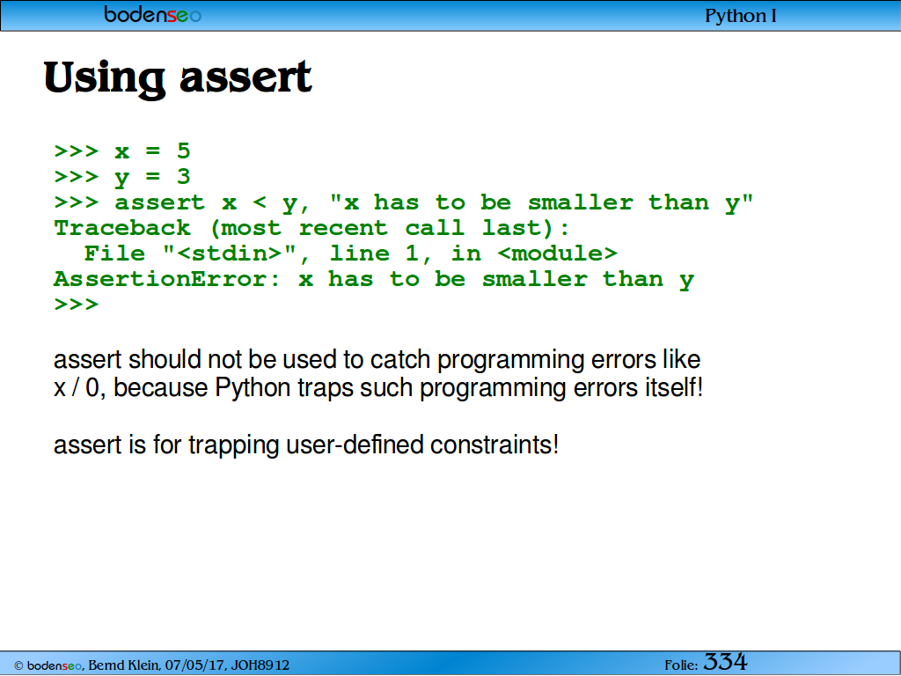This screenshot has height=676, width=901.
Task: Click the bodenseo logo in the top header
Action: point(152,14)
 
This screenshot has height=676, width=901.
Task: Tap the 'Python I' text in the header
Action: point(740,16)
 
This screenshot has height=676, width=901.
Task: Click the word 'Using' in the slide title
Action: point(105,78)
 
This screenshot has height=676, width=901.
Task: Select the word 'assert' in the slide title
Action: point(245,77)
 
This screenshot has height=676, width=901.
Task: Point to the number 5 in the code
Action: point(183,151)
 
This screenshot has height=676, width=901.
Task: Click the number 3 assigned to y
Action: point(183,176)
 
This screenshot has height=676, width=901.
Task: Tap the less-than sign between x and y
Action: point(260,202)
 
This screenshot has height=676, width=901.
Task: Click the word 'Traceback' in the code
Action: point(121,228)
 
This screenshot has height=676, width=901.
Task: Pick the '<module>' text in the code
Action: point(557,253)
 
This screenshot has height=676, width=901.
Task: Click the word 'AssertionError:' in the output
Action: point(167,279)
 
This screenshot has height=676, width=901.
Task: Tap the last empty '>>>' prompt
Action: point(77,304)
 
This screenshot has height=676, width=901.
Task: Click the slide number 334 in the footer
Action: point(725,662)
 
